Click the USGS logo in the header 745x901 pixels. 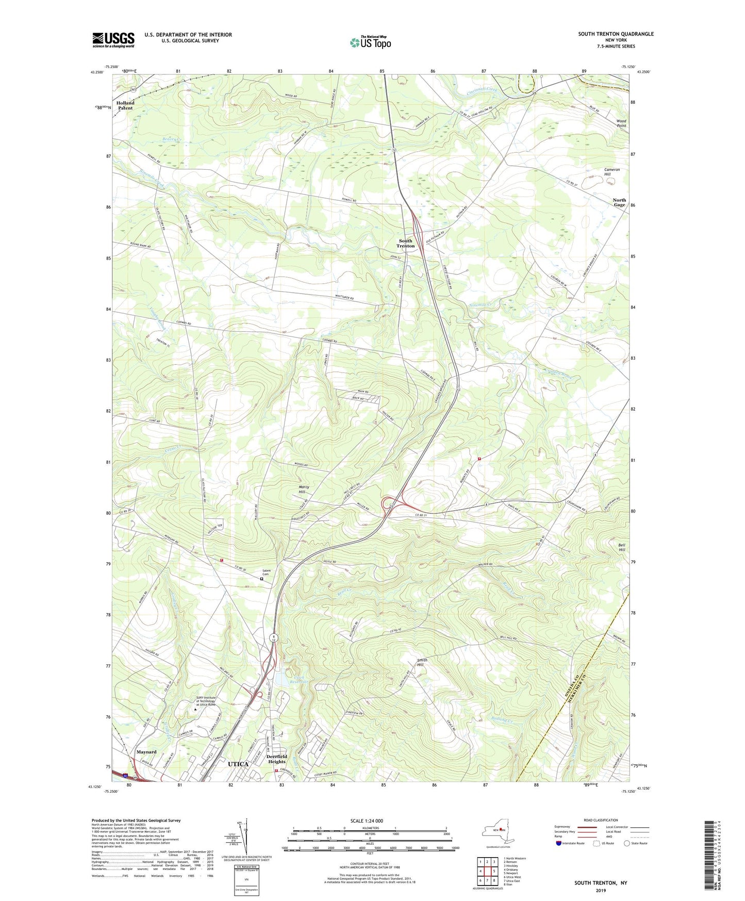tap(113, 40)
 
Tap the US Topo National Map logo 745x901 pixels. tap(370, 42)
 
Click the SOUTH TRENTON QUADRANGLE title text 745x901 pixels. tap(616, 34)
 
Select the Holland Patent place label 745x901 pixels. tap(125, 105)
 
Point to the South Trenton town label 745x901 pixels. tap(405, 244)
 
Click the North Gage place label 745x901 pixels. tap(619, 202)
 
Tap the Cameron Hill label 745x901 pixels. tap(612, 172)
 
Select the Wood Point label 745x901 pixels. tap(621, 123)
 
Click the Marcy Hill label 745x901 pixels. tap(304, 489)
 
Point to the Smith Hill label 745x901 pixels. tap(422, 662)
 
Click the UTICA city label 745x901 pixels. tap(238, 764)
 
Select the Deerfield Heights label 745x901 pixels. tap(277, 759)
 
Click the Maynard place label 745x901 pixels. tap(146, 752)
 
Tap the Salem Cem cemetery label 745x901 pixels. tap(266, 572)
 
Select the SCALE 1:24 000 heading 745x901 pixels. tap(367, 820)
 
